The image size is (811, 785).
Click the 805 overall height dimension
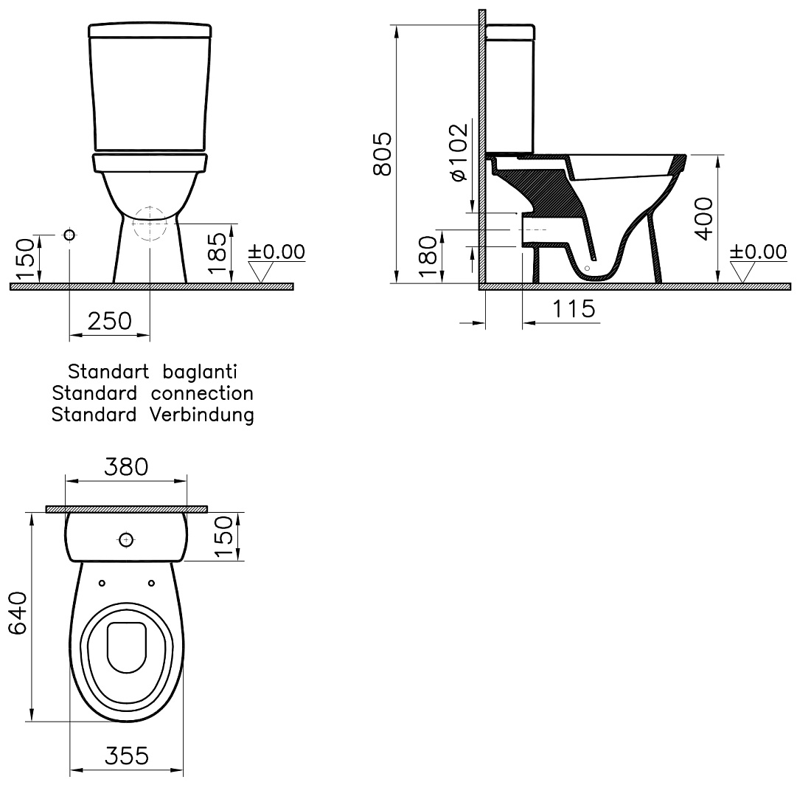(381, 155)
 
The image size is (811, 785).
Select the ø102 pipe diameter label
(457, 152)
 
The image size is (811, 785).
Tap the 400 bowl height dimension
(705, 218)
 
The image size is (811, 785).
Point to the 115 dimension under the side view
(574, 309)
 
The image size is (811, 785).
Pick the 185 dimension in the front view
(217, 253)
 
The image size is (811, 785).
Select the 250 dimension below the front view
(109, 320)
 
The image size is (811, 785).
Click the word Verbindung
(203, 415)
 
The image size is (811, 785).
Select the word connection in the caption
(203, 393)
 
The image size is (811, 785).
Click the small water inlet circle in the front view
(69, 235)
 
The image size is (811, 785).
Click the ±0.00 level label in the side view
(758, 252)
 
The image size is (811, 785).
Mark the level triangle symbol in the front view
(262, 273)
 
